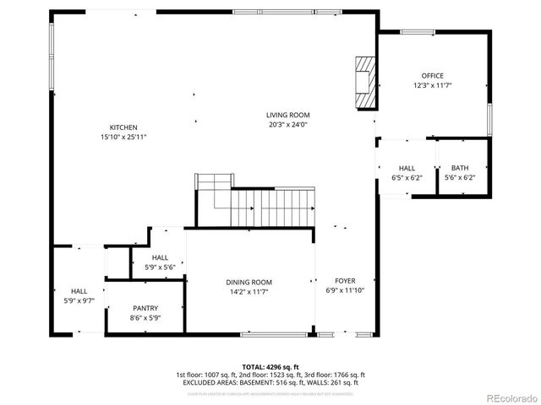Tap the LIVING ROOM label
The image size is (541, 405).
[287, 115]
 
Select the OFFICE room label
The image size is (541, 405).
[432, 76]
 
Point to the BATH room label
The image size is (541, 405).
[459, 168]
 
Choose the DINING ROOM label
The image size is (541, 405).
[249, 283]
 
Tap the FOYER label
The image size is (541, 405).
[345, 281]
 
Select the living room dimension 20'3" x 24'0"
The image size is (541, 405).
[287, 125]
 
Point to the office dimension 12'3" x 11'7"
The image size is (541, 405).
[432, 85]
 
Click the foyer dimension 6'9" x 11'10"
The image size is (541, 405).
[345, 291]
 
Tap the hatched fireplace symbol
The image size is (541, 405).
[363, 83]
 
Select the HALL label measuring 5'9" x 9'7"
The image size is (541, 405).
[79, 290]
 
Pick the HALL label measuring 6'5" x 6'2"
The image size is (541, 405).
[407, 168]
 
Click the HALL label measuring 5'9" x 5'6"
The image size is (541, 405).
[160, 258]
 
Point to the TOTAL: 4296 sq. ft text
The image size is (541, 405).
[270, 367]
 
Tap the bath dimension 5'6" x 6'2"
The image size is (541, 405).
[459, 177]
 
